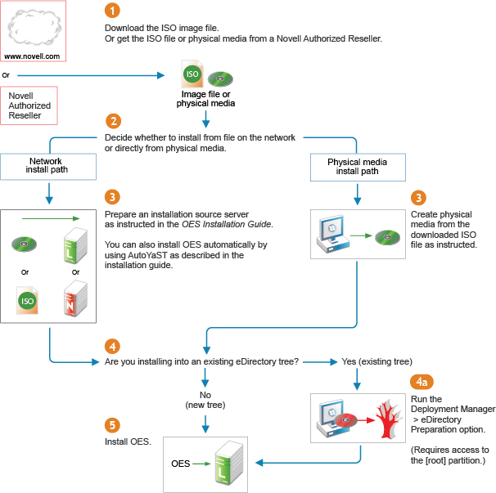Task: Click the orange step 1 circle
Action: (x=112, y=11)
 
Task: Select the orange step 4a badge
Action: (x=418, y=382)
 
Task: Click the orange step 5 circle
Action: (x=112, y=425)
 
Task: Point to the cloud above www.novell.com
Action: (x=33, y=27)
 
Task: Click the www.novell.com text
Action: (x=33, y=56)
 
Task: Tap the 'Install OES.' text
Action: (x=128, y=442)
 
